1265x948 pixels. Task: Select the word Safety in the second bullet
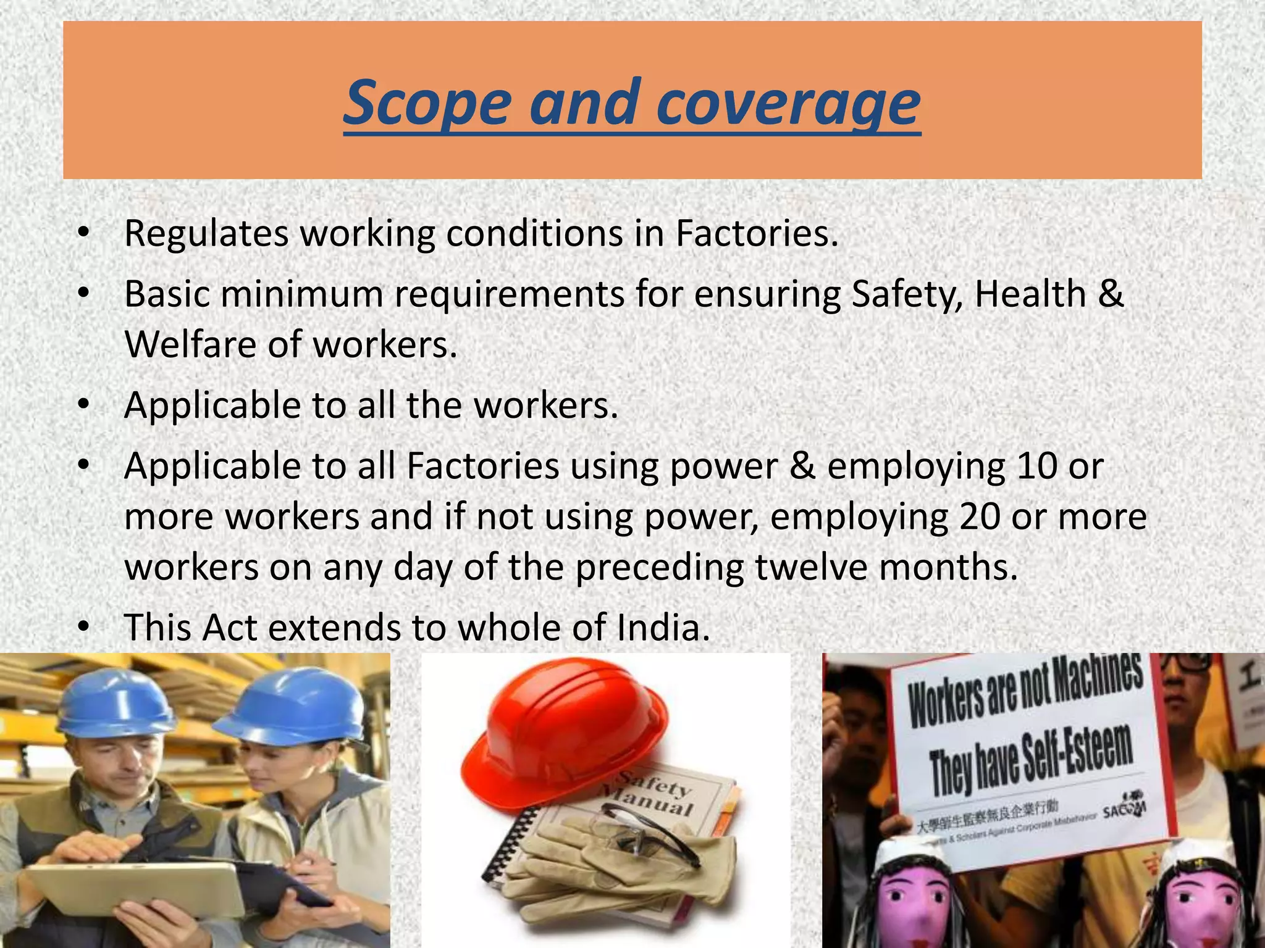click(906, 294)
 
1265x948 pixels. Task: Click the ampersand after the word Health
click(1111, 294)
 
